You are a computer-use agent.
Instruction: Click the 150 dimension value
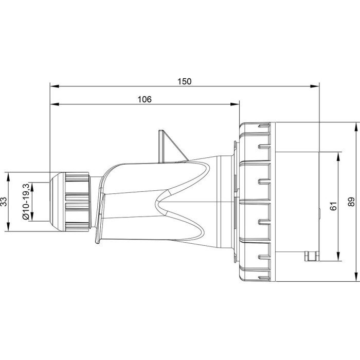tap(184, 81)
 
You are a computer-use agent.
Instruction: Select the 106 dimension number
tap(145, 99)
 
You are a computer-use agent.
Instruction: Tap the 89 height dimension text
tap(351, 202)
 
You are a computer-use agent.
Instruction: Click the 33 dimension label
tap(4, 202)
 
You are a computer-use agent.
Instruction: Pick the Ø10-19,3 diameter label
tap(26, 202)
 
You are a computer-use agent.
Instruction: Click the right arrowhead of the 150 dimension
tap(315, 86)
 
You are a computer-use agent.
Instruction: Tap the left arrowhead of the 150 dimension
tap(55, 86)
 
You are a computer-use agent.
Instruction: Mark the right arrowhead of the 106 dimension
tap(235, 104)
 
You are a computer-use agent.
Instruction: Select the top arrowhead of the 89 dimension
tap(356, 127)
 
